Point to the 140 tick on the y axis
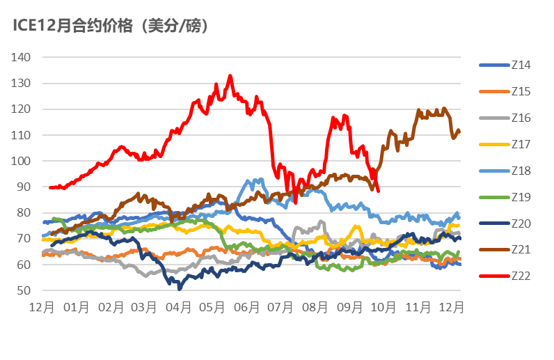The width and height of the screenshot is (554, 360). (22, 57)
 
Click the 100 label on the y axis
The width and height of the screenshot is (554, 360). (22, 161)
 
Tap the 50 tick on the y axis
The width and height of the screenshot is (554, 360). (24, 290)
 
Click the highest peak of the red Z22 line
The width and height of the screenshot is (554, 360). (230, 76)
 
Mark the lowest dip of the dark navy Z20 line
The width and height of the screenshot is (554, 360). (180, 288)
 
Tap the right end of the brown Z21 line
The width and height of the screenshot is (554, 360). (459, 132)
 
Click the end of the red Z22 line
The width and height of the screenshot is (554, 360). (378, 190)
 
